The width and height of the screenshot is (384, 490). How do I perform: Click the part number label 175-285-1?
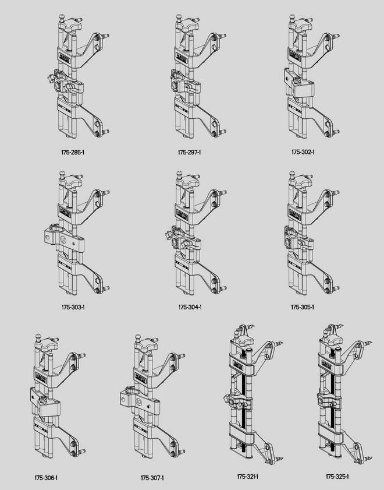click(73, 153)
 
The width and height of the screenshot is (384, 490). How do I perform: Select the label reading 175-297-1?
click(189, 153)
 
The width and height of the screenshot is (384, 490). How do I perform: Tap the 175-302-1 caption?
click(303, 152)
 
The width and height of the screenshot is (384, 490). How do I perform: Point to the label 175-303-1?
click(73, 307)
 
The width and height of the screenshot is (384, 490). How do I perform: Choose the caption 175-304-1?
click(190, 307)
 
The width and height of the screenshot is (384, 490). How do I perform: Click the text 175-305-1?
click(303, 307)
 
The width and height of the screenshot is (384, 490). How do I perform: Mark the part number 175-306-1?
click(46, 478)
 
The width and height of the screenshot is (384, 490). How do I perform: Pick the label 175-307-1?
click(152, 478)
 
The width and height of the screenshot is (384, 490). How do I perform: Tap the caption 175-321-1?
click(248, 477)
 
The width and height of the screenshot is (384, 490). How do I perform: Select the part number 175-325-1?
click(337, 477)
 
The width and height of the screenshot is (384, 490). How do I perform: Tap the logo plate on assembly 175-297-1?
click(182, 58)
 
